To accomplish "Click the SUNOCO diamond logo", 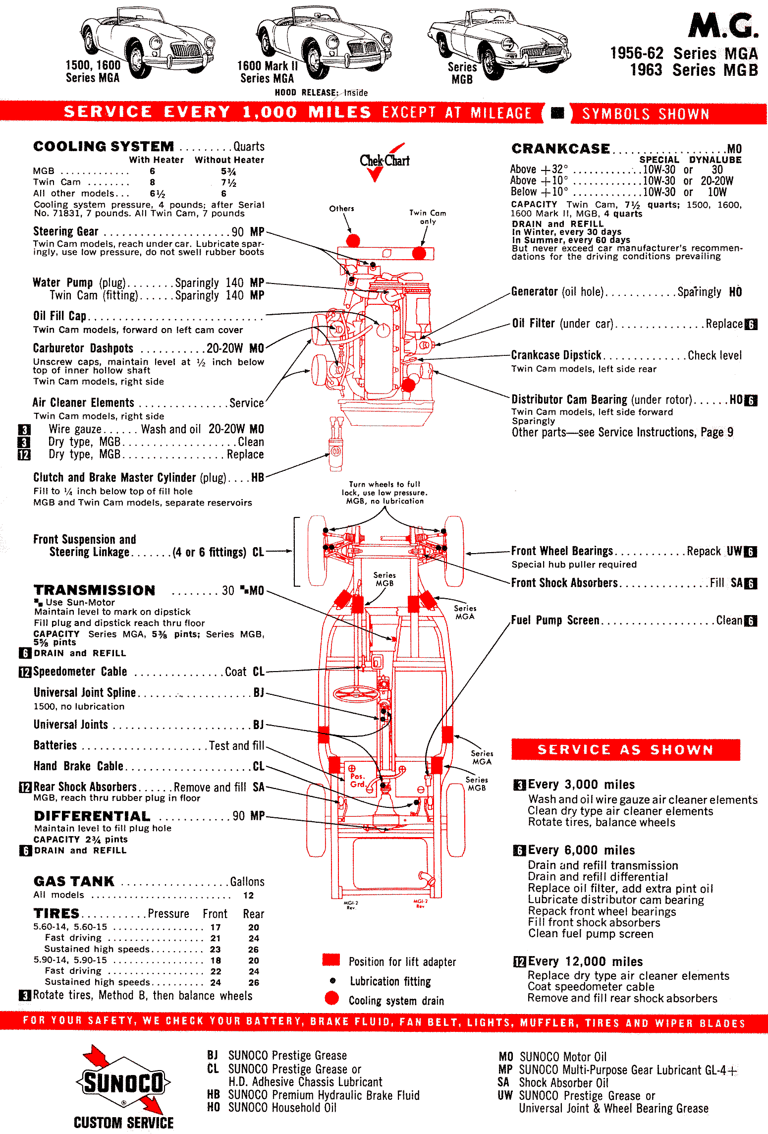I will [x=123, y=1083].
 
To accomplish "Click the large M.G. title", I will [x=723, y=26].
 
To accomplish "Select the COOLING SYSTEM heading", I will [x=104, y=147].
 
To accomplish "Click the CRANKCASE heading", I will [x=560, y=149].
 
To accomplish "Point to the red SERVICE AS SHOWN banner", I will [x=625, y=749].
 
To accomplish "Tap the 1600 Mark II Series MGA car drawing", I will [x=325, y=42].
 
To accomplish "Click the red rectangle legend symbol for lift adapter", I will [x=331, y=960].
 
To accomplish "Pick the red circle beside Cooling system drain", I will [x=331, y=998].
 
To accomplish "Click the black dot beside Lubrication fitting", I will [x=332, y=980].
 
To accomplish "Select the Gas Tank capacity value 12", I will [x=248, y=896].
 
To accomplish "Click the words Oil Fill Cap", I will [x=59, y=316].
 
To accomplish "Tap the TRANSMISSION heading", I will [x=95, y=590].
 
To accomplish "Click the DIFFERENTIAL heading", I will [x=92, y=816].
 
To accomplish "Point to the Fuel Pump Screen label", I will [x=555, y=621].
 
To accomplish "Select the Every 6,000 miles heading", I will [x=581, y=850].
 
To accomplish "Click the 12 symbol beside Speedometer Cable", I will [x=25, y=672].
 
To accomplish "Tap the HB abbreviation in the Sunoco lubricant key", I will [x=213, y=1095].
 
